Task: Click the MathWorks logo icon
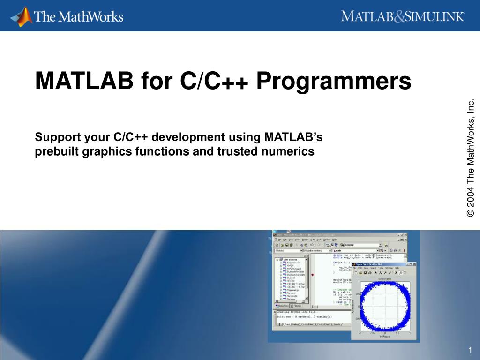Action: tap(22, 16)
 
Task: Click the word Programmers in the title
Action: tap(333, 81)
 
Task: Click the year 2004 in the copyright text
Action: tap(471, 196)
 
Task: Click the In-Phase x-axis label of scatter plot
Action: tap(385, 336)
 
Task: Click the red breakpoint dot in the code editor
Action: tap(313, 275)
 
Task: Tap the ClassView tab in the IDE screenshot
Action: tap(285, 305)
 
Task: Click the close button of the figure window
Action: tap(414, 264)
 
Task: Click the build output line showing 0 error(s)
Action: tap(305, 316)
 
